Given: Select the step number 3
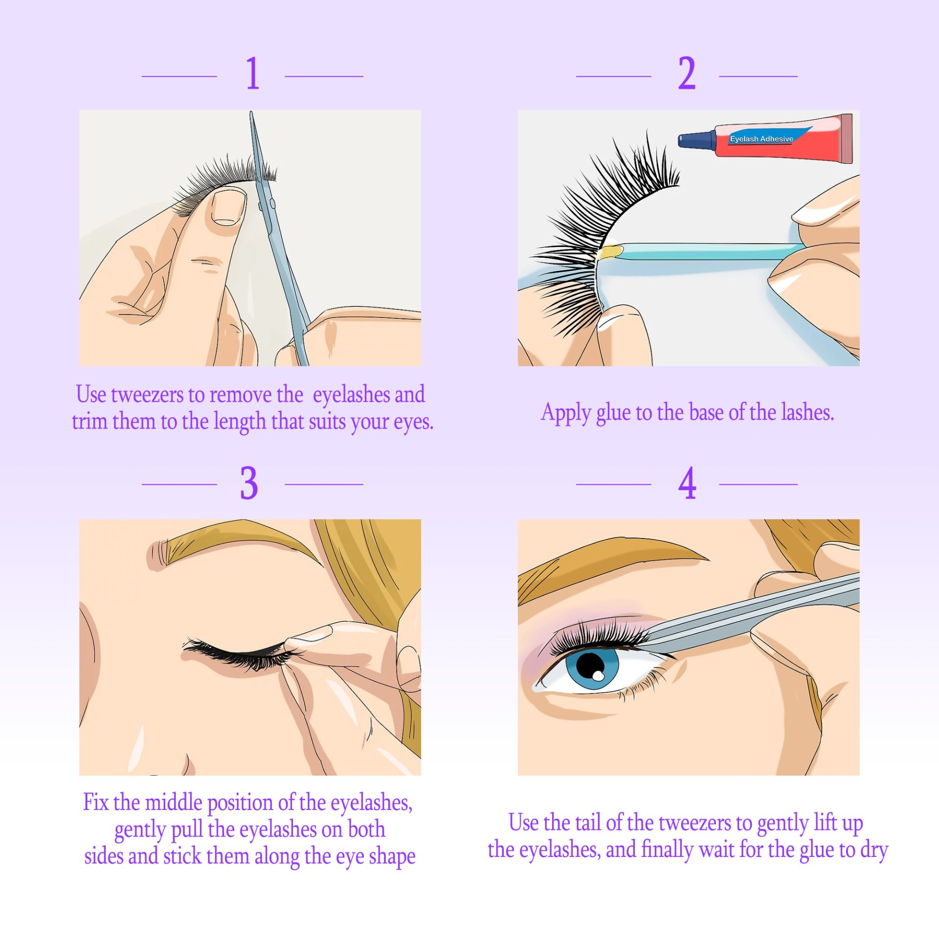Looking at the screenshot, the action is point(249,483).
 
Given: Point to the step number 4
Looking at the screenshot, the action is point(687,483).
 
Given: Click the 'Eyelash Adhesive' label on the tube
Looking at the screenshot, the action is point(761,139).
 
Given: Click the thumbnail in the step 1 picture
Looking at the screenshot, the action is point(228,207).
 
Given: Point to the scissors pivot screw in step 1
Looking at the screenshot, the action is point(272,202).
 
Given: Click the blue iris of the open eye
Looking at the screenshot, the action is point(592,668).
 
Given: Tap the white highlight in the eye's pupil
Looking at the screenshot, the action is point(598,676).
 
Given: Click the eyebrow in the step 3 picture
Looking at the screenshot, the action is point(235,545).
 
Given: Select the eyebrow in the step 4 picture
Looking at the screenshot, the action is point(611,560).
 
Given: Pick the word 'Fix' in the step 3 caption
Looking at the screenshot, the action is point(96,802).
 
